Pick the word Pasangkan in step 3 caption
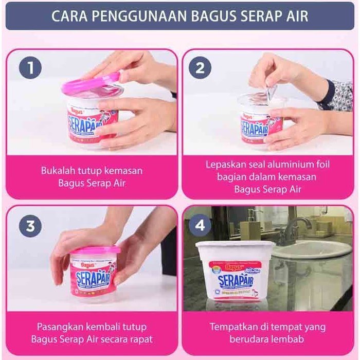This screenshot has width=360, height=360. pyautogui.click(x=58, y=327)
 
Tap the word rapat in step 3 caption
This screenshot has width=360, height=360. pyautogui.click(x=141, y=339)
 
